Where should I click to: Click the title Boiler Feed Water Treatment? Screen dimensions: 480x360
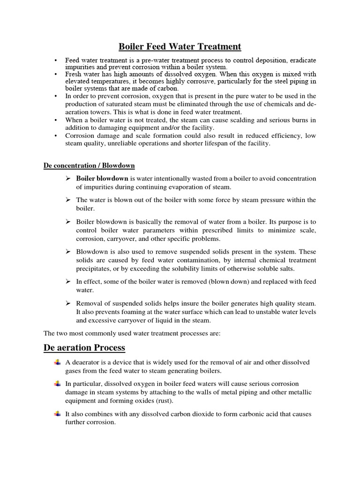click(x=180, y=46)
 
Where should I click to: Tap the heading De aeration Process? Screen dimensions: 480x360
click(x=84, y=347)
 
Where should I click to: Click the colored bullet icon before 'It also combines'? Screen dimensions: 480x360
click(x=57, y=414)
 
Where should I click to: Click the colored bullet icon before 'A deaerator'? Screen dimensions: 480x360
click(x=57, y=363)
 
